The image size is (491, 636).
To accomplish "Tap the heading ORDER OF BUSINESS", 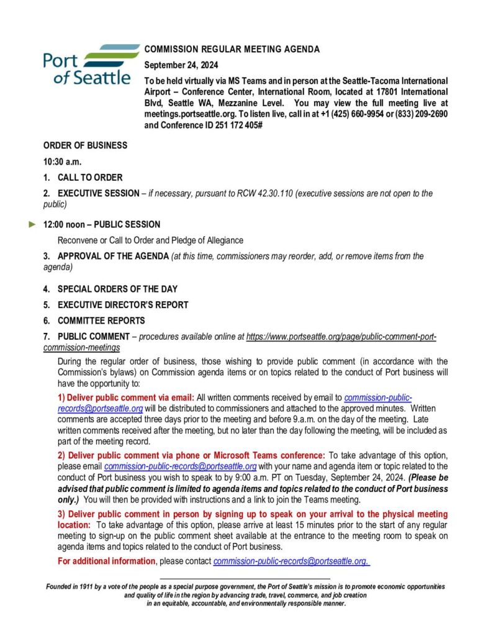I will click(x=85, y=145).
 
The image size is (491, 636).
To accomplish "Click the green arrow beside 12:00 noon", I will click(x=33, y=224).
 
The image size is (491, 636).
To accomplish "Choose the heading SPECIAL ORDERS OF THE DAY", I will click(x=117, y=289).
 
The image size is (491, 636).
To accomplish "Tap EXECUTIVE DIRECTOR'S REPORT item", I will click(x=123, y=305).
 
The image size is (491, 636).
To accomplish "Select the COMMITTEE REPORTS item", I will click(x=101, y=320).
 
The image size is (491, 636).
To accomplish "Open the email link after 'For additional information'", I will click(x=291, y=561).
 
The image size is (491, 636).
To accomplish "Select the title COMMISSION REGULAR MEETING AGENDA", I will click(x=232, y=50).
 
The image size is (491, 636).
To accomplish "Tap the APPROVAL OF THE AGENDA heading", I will click(x=114, y=256).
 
